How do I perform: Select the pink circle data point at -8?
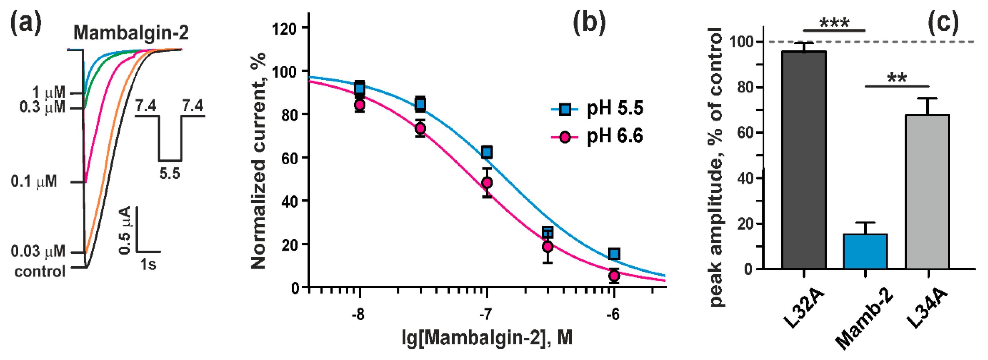359,105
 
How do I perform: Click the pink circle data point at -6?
614,275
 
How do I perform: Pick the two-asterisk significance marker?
897,79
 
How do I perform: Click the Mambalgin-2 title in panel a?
131,33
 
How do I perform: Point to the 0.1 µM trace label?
34,181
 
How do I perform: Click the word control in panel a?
40,271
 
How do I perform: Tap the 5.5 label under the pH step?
169,174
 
